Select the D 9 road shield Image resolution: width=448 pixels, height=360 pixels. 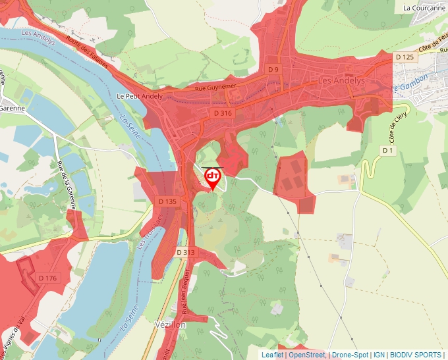[x=274, y=69]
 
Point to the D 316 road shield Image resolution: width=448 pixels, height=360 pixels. [x=223, y=113]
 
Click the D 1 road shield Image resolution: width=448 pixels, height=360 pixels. [x=388, y=151]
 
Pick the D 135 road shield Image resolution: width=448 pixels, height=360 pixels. [x=167, y=201]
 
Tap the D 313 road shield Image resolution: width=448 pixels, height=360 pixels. [x=186, y=252]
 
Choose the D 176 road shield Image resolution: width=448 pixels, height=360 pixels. [x=47, y=278]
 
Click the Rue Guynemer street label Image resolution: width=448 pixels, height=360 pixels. [x=215, y=87]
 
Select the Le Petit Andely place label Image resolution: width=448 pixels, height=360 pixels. [x=139, y=96]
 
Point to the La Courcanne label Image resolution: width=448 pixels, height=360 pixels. [x=424, y=8]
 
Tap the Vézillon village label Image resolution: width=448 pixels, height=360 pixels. [x=171, y=325]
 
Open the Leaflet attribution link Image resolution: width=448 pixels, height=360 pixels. [x=272, y=355]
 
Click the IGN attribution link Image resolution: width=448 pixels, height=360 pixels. [x=379, y=355]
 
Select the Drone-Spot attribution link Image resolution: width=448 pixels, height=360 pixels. [x=350, y=355]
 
